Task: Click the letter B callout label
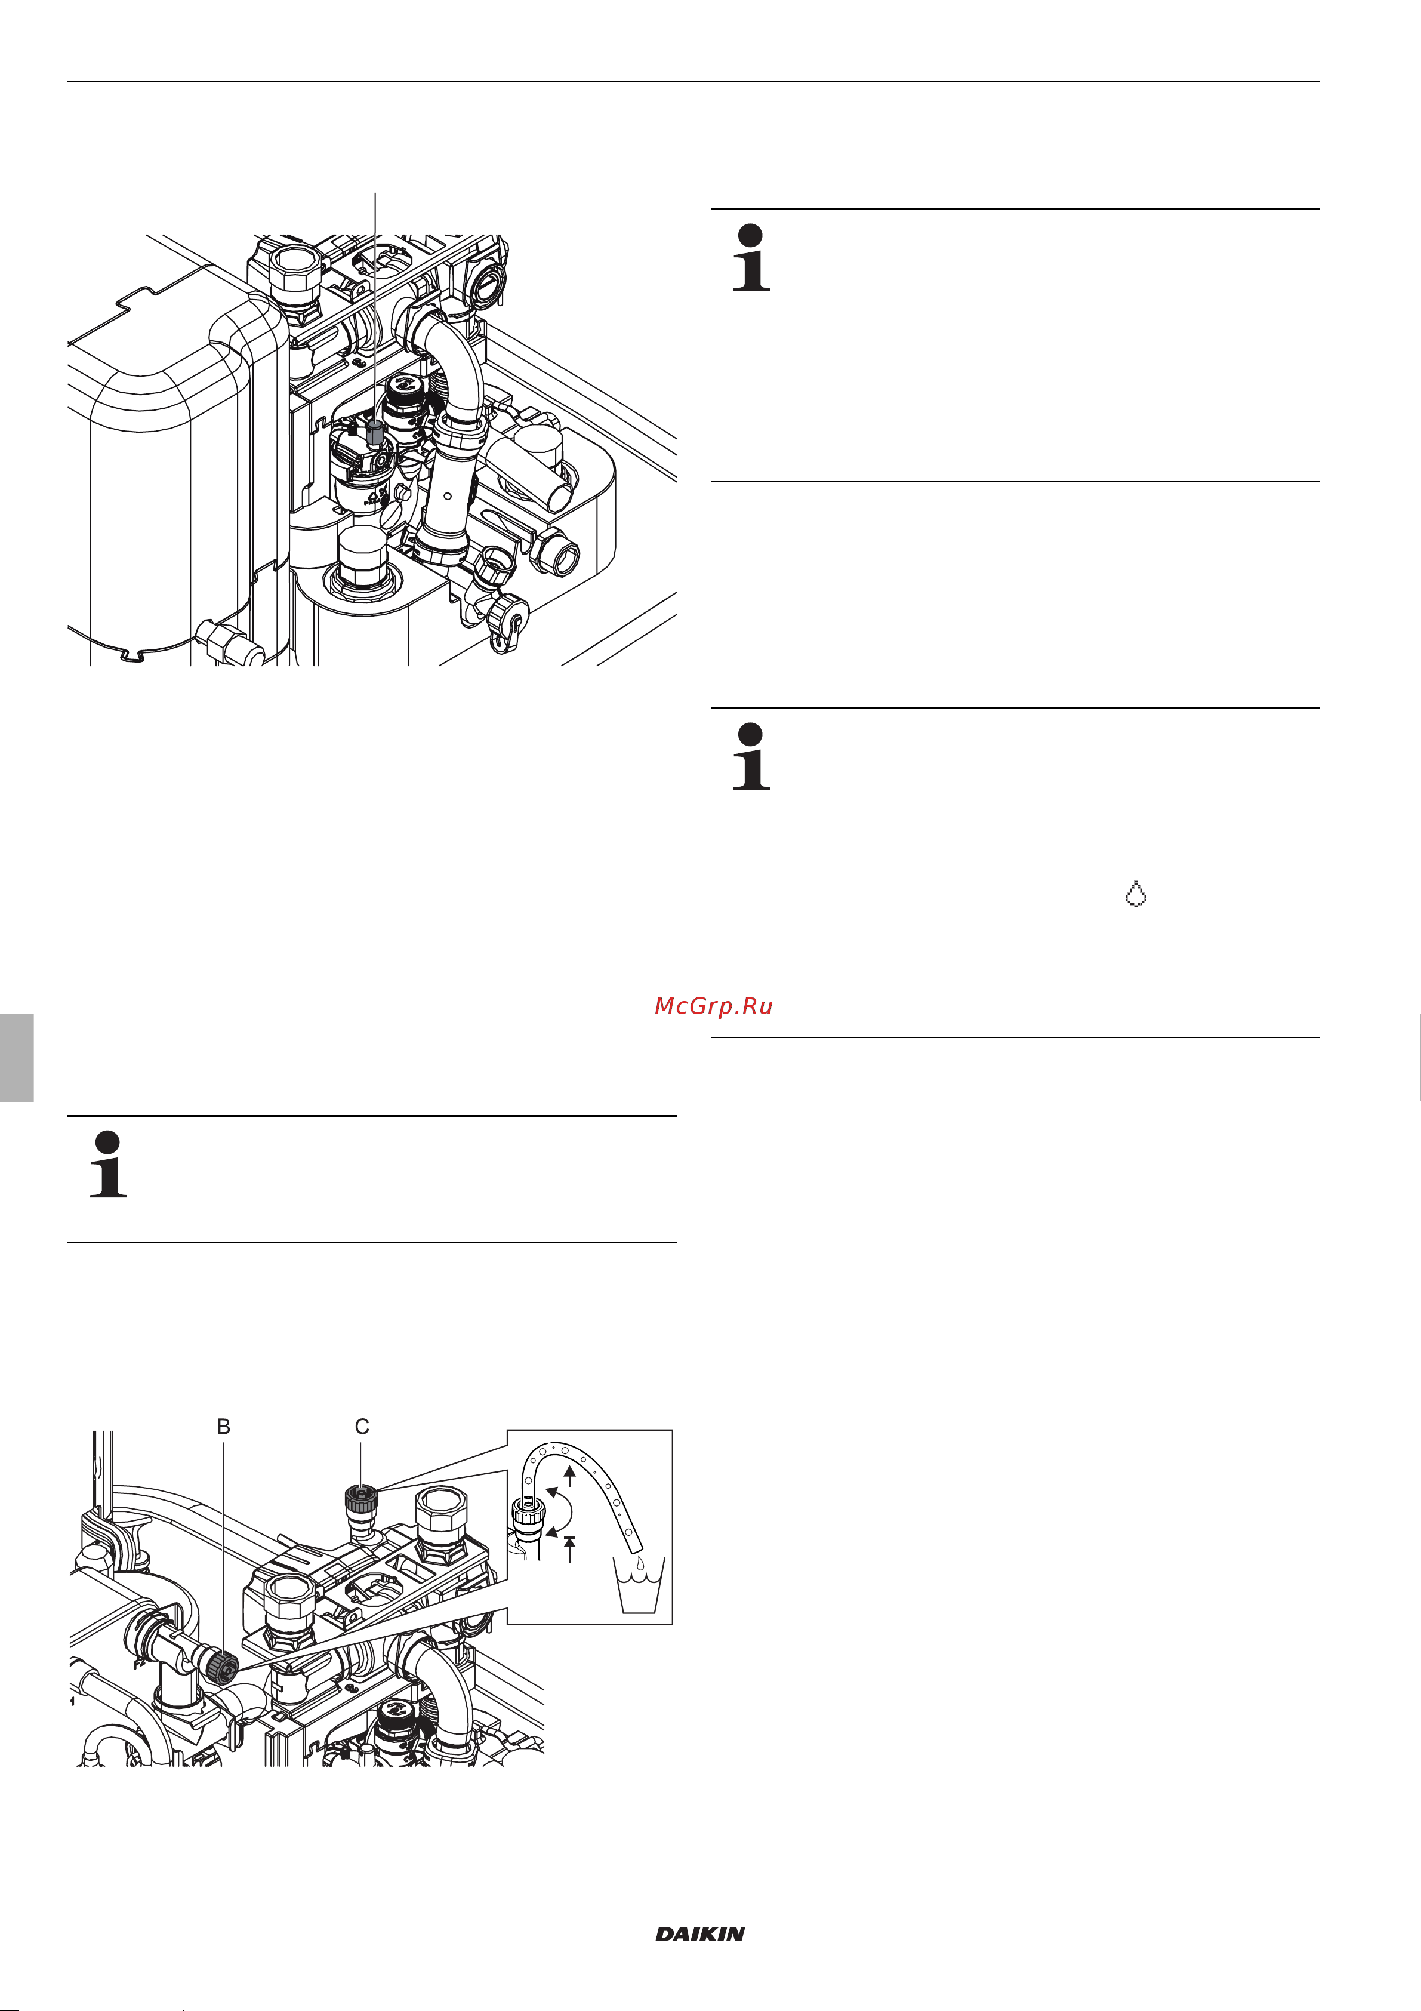click(x=224, y=1427)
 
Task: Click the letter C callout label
click(x=362, y=1427)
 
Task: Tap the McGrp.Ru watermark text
click(x=714, y=1006)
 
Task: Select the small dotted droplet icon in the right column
click(x=1136, y=894)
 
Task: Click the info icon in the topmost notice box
click(x=750, y=257)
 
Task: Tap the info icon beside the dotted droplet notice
click(x=750, y=757)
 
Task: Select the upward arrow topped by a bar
click(x=570, y=1548)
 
